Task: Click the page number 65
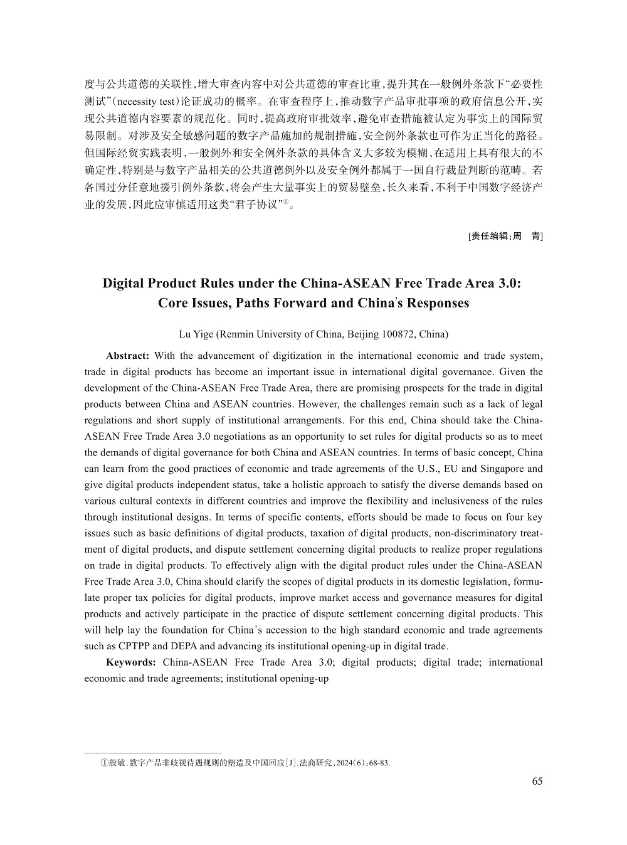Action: point(537,781)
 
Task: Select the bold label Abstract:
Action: point(127,356)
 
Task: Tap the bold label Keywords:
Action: point(131,662)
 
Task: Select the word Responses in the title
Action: point(438,304)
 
